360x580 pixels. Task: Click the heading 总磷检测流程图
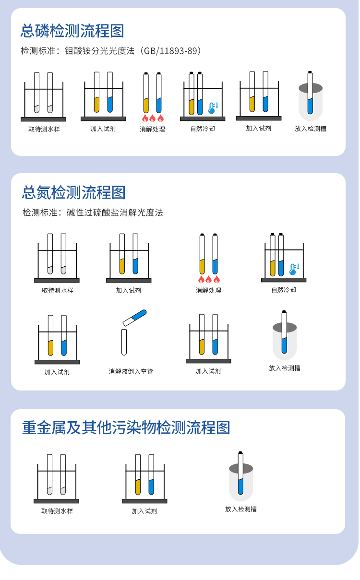tap(72, 31)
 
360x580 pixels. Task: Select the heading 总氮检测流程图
tap(73, 192)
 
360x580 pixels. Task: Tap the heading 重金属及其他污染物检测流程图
tap(126, 427)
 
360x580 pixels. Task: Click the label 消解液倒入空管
tap(131, 371)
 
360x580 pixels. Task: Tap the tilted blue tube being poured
tap(134, 318)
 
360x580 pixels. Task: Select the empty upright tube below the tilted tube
tap(124, 342)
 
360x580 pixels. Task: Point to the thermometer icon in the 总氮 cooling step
tap(294, 269)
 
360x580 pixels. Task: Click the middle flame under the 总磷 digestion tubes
tap(152, 118)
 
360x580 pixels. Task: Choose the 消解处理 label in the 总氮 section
tap(208, 290)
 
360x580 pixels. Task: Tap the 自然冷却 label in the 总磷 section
tap(203, 129)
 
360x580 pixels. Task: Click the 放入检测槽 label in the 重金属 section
tap(241, 509)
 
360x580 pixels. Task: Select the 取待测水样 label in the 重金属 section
tap(57, 511)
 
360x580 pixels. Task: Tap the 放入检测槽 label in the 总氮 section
tap(285, 368)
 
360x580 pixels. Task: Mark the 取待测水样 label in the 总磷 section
tap(44, 129)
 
